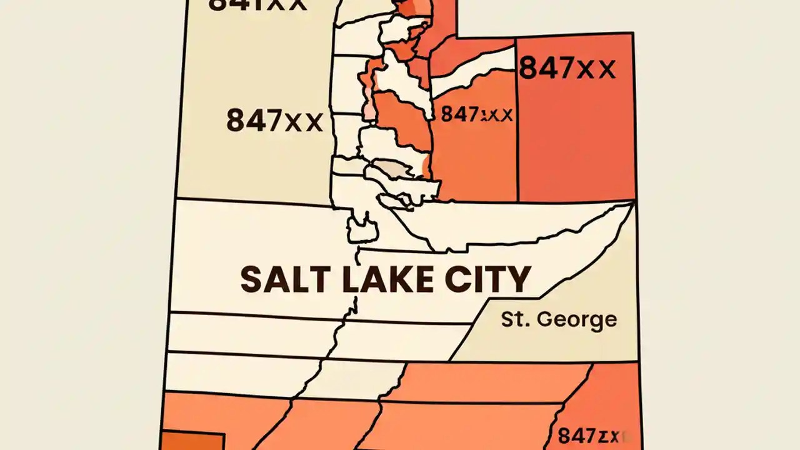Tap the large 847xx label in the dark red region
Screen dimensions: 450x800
click(567, 67)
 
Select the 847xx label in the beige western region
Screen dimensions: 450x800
click(274, 120)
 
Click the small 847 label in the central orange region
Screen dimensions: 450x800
click(476, 114)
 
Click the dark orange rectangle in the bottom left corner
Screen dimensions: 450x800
click(192, 440)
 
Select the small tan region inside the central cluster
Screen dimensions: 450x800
click(391, 169)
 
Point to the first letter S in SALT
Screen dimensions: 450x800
click(252, 279)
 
